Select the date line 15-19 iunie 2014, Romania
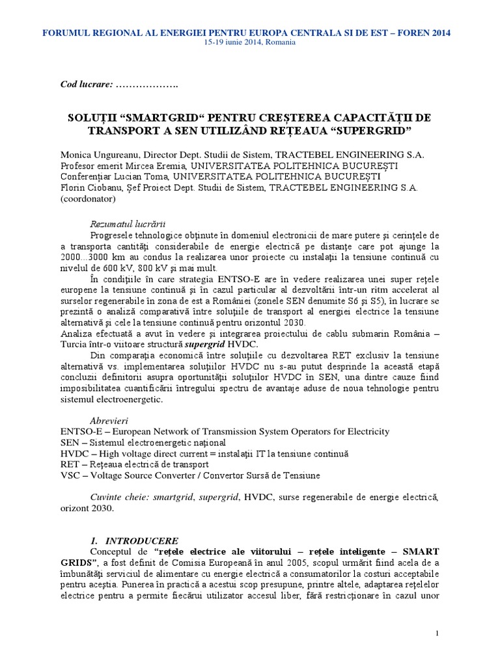[250, 42]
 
